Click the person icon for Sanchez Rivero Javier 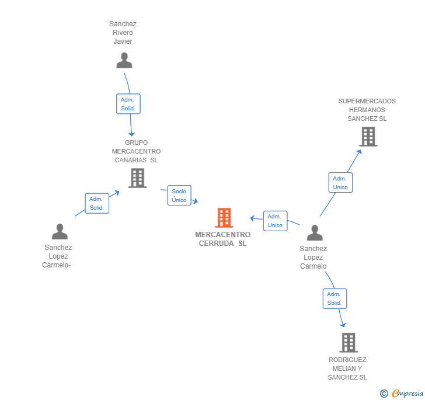[x=124, y=60]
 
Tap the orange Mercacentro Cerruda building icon [x=224, y=217]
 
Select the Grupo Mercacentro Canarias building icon [x=137, y=178]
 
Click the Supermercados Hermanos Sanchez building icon [x=368, y=137]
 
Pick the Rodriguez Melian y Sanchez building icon [x=349, y=343]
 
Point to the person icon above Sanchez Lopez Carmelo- [x=60, y=231]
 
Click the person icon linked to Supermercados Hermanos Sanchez [x=315, y=232]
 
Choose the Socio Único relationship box [x=179, y=196]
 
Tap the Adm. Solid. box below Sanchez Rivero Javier [x=128, y=104]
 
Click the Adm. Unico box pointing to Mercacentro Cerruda [x=275, y=221]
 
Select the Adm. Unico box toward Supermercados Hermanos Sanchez [x=340, y=183]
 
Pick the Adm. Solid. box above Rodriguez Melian [x=335, y=298]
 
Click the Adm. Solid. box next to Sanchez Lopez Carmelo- [x=96, y=203]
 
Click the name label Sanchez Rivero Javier [x=123, y=33]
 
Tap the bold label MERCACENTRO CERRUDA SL [x=223, y=239]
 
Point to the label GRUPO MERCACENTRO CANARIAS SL [x=136, y=151]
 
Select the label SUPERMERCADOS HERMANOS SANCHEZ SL [x=367, y=110]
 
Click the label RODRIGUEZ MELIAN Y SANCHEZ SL [x=347, y=368]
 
